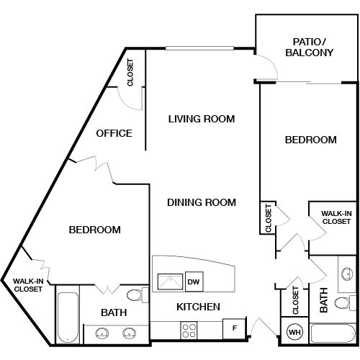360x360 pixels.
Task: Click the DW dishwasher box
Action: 193,282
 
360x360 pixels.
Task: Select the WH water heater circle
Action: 294,332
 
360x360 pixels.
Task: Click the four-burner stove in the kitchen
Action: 189,330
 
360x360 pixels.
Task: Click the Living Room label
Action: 202,119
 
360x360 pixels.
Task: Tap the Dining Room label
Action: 202,202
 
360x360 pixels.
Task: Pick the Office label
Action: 114,133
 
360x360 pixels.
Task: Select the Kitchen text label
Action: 198,307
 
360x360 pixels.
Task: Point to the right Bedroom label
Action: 311,140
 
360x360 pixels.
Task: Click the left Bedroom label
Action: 94,230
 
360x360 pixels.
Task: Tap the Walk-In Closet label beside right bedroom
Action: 336,217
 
